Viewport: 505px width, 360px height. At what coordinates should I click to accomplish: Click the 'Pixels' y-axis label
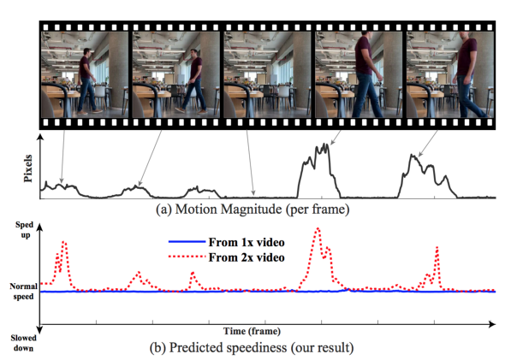click(x=28, y=168)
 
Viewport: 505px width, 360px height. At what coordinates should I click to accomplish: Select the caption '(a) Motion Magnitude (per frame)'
click(x=253, y=210)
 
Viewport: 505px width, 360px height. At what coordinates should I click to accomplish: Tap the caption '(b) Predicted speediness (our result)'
click(x=252, y=347)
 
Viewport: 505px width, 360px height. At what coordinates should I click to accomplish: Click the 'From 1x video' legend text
click(x=247, y=242)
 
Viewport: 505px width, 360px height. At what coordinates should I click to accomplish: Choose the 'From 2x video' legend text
click(x=247, y=257)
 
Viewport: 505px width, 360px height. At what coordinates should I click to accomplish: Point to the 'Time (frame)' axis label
click(x=252, y=331)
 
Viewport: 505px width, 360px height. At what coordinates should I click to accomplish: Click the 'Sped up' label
click(x=25, y=230)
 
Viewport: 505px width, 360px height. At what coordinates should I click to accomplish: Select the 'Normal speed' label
click(x=23, y=291)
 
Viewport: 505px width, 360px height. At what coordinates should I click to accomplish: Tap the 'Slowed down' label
click(x=23, y=343)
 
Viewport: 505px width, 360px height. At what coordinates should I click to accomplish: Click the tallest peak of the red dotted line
click(x=318, y=228)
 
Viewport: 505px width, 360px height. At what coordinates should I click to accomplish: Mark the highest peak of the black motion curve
click(x=327, y=145)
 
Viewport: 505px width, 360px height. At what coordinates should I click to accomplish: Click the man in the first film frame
click(x=87, y=81)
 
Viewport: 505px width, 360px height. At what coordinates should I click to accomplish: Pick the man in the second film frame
click(x=193, y=81)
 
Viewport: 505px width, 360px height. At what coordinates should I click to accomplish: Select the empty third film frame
click(x=267, y=74)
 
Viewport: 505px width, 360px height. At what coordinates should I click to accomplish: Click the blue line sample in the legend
click(x=187, y=242)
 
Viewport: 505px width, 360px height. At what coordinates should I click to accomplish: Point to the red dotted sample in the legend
click(x=187, y=257)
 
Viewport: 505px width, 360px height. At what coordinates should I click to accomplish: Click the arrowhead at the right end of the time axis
click(x=492, y=324)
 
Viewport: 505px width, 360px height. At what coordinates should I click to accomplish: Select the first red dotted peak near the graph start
click(x=64, y=242)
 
